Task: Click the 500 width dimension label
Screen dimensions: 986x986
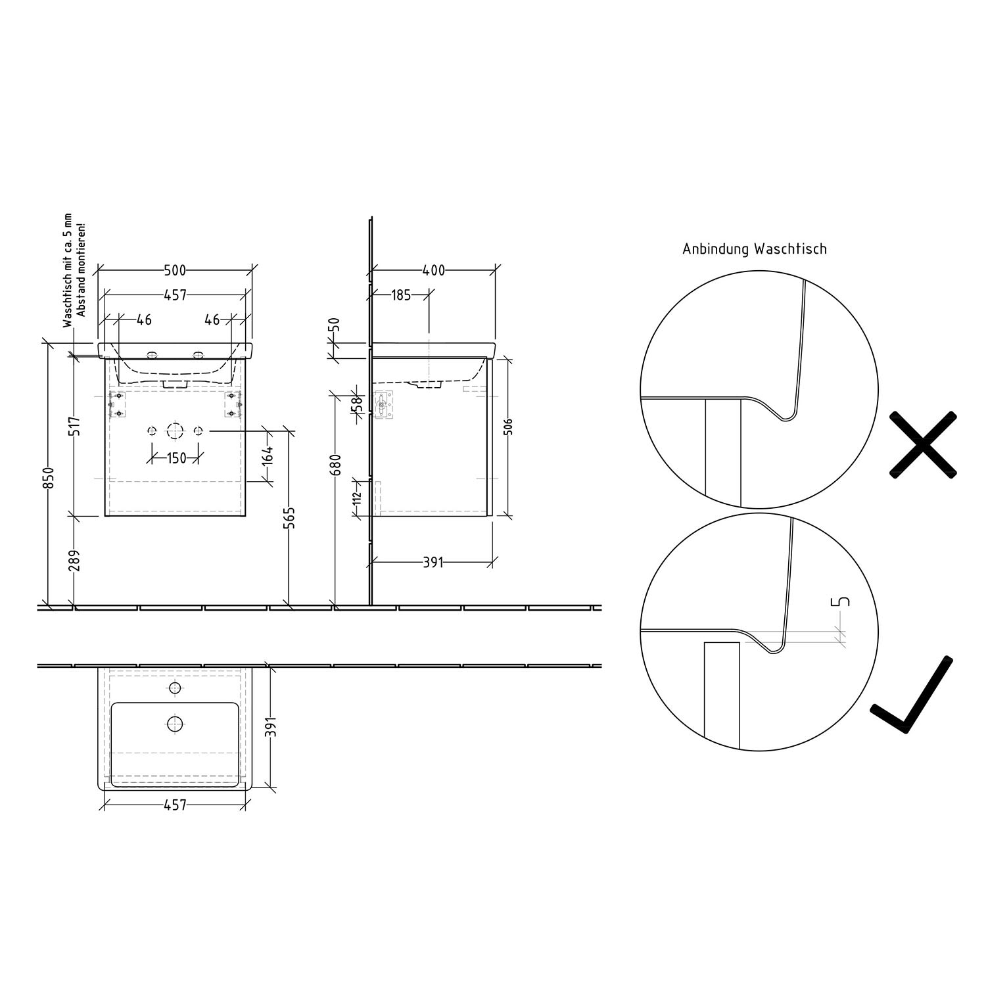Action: pyautogui.click(x=176, y=270)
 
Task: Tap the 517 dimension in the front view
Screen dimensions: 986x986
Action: pyautogui.click(x=75, y=427)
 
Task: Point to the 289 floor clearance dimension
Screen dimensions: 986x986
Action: pyautogui.click(x=75, y=561)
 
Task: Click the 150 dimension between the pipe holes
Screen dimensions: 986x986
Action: pyautogui.click(x=176, y=458)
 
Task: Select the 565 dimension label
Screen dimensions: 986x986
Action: pyautogui.click(x=290, y=517)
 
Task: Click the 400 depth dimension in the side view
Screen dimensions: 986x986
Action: pyautogui.click(x=433, y=270)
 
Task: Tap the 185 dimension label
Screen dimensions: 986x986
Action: pyautogui.click(x=401, y=295)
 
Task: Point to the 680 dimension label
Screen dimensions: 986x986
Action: pyautogui.click(x=337, y=465)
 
